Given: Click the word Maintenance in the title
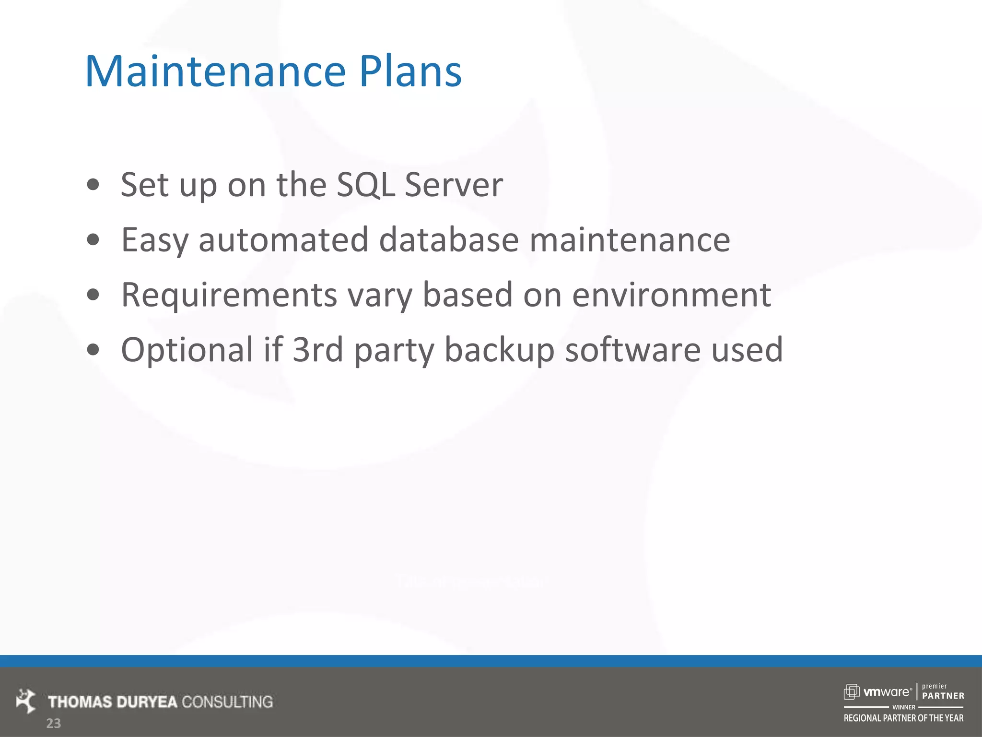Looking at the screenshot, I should pyautogui.click(x=215, y=72).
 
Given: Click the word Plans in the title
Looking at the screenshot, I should pyautogui.click(x=410, y=72).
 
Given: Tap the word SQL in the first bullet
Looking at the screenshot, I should pyautogui.click(x=365, y=185).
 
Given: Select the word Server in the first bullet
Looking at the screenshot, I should pyautogui.click(x=454, y=185).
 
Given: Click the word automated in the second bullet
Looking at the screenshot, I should pyautogui.click(x=283, y=240).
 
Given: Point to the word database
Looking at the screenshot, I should pyautogui.click(x=449, y=240).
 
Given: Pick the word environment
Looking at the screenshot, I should pyautogui.click(x=671, y=295).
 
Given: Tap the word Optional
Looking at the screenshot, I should pyautogui.click(x=187, y=350).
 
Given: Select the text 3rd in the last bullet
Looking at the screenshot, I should pyautogui.click(x=318, y=350).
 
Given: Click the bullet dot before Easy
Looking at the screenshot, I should pyautogui.click(x=93, y=240).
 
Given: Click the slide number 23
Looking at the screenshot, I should pyautogui.click(x=53, y=724).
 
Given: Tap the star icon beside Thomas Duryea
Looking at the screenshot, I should pyautogui.click(x=26, y=701).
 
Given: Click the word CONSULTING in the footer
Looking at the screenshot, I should pyautogui.click(x=227, y=702).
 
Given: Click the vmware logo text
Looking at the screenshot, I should pyautogui.click(x=886, y=692).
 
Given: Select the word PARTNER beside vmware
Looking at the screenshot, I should pyautogui.click(x=943, y=696).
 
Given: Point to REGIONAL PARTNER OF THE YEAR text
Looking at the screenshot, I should pyautogui.click(x=903, y=718).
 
